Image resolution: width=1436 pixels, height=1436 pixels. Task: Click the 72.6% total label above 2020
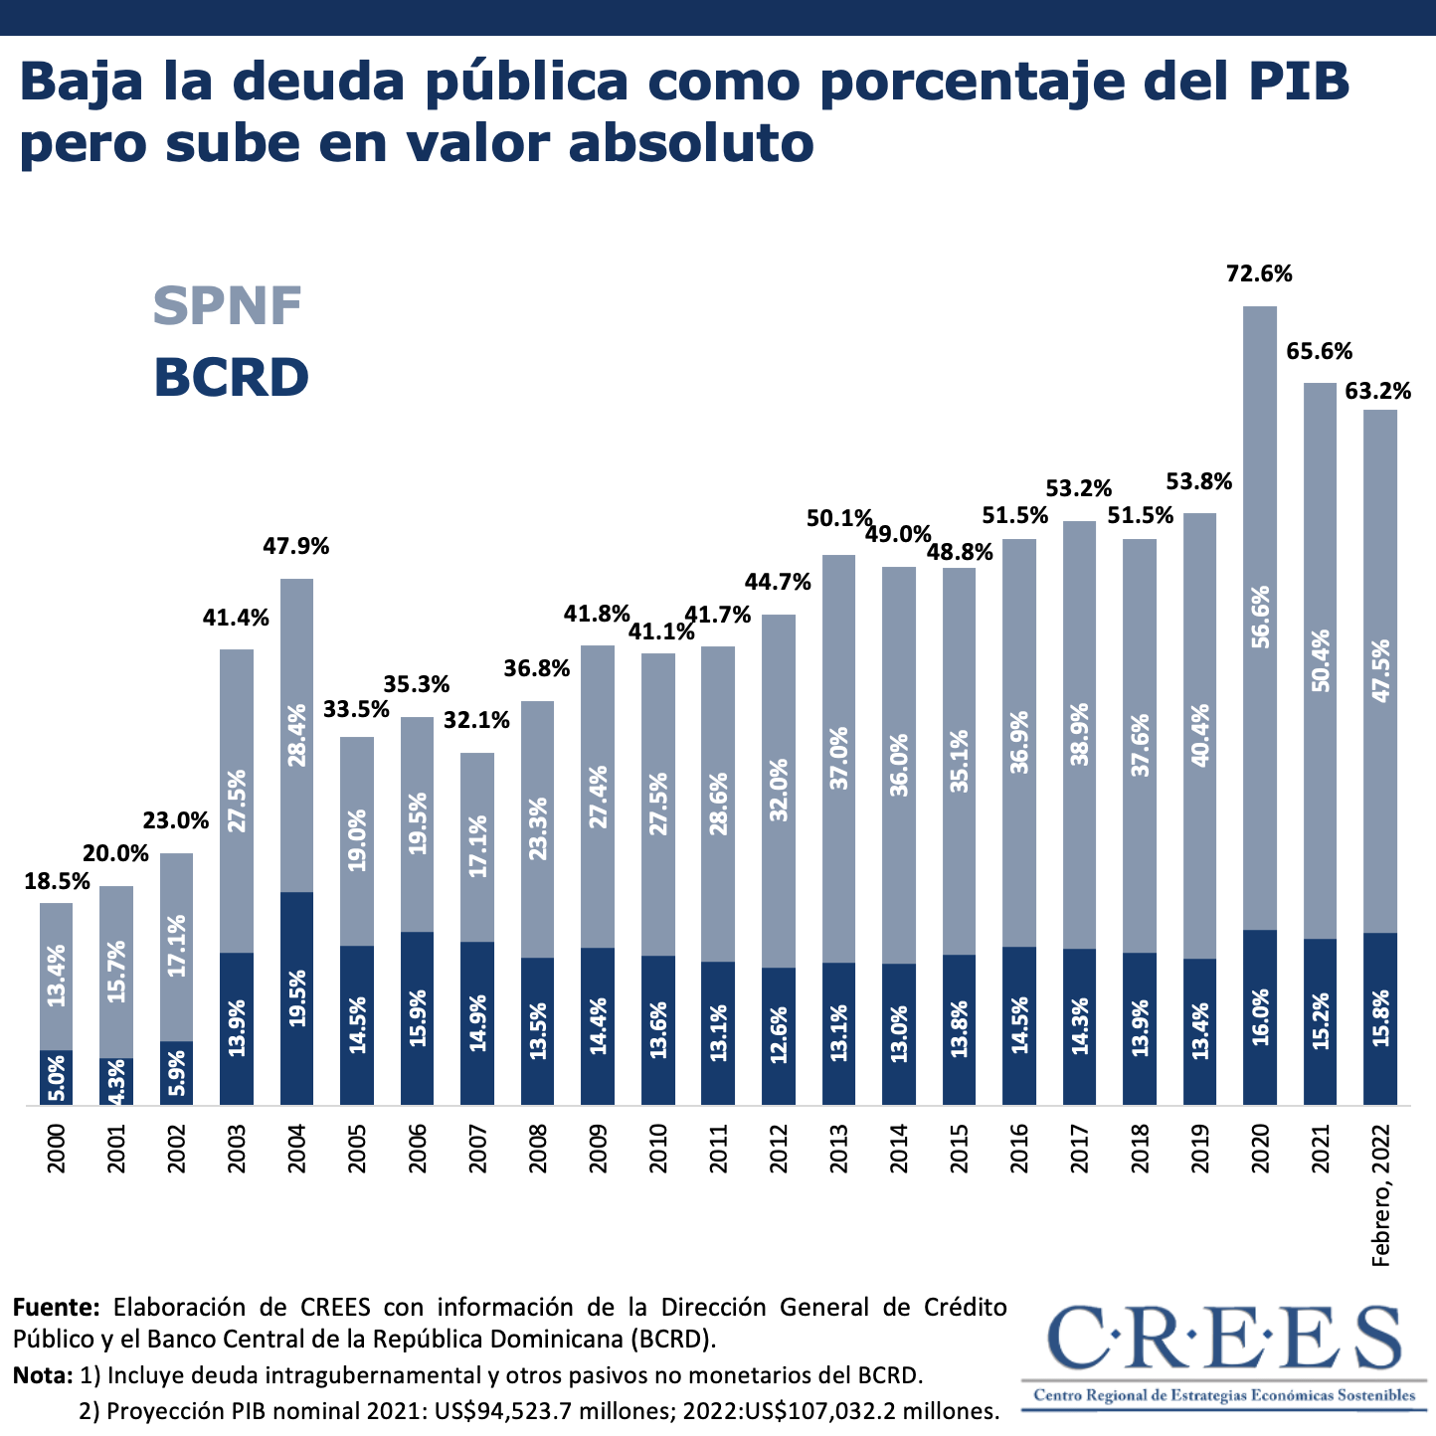tap(1259, 273)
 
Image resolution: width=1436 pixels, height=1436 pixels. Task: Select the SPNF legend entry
tap(228, 305)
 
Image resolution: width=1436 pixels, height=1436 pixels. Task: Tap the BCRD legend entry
tap(231, 378)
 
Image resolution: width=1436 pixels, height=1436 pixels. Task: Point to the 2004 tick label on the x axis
tap(296, 1149)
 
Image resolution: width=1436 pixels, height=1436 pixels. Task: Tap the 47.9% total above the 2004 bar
tap(296, 546)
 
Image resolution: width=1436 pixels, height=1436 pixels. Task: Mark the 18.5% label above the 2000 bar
tap(57, 881)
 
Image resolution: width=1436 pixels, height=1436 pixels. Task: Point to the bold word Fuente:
tap(57, 1306)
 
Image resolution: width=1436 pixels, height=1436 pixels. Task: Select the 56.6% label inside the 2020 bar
tap(1260, 617)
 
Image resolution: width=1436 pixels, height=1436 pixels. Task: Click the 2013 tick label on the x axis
tap(838, 1149)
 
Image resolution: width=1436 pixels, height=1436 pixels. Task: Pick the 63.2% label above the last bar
tap(1378, 391)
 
